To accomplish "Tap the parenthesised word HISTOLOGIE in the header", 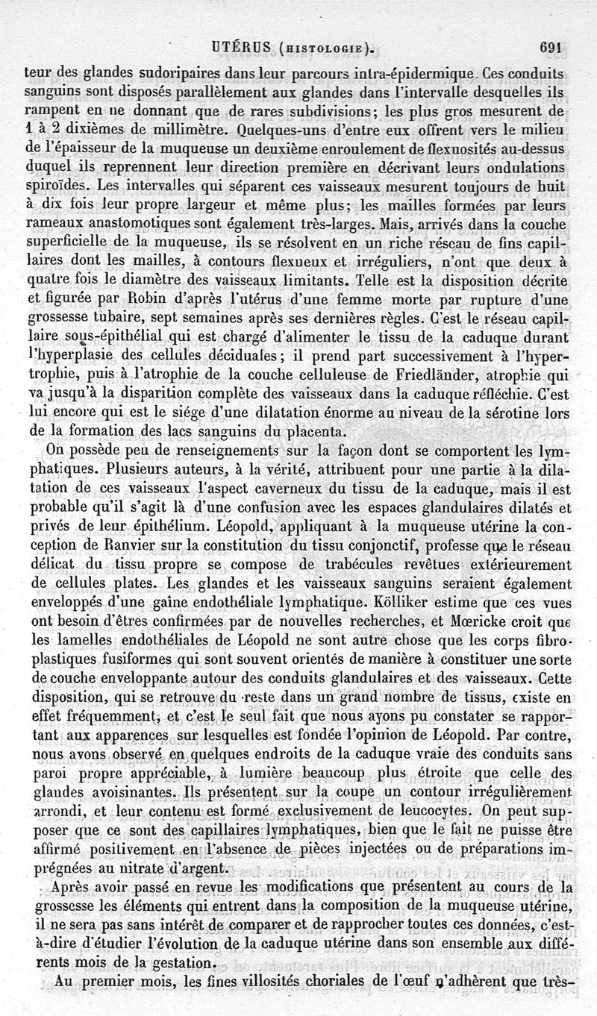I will click(x=325, y=51).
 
